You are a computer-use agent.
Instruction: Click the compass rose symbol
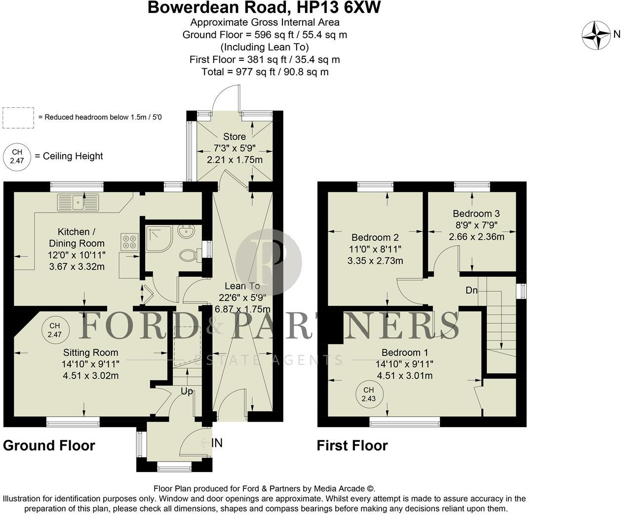coord(596,35)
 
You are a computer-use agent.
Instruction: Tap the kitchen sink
coord(78,202)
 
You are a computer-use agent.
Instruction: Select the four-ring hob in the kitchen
coord(129,241)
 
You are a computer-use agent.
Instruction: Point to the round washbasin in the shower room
coord(187,231)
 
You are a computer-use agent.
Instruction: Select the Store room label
coord(234,136)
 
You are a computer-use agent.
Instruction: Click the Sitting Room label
coord(90,352)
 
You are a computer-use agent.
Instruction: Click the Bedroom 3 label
coord(476,214)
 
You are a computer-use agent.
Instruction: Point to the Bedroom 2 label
coord(375,237)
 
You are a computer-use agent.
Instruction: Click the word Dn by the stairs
coord(471,290)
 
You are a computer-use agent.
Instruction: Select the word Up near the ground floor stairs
coord(187,391)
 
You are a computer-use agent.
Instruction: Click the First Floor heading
coord(352,445)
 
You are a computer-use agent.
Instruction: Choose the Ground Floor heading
coord(49,445)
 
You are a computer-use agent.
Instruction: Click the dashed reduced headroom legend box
coord(18,118)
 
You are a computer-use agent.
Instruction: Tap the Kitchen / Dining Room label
coord(77,237)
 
